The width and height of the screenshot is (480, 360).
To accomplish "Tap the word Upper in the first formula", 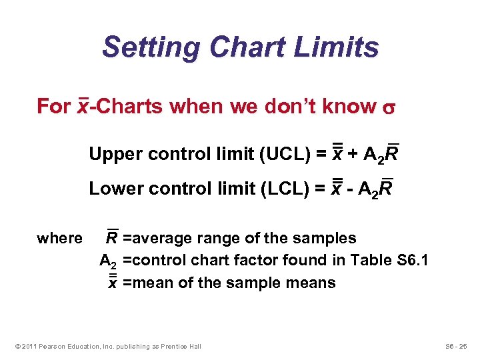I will pos(109,155).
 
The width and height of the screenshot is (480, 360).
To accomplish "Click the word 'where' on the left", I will pos(59,238).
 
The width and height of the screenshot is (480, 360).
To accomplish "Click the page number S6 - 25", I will pos(457,346).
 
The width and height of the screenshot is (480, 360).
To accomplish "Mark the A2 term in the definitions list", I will pos(108,261).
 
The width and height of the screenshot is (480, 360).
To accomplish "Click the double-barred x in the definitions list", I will pos(113,282).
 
